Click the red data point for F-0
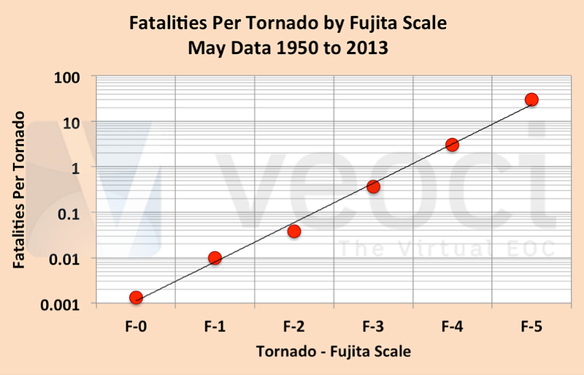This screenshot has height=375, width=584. pos(136,298)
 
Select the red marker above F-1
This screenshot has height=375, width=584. pos(215,258)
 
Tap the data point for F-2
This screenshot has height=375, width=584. pos(294,231)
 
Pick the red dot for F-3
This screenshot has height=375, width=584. pos(373,186)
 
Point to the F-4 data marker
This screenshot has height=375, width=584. pos(452,145)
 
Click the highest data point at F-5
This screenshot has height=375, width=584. pos(531,99)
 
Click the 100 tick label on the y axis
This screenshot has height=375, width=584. pos(67,77)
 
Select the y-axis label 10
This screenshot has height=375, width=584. pos(71,123)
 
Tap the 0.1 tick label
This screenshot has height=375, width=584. pos(69,214)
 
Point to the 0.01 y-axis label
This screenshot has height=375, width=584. pos(64,260)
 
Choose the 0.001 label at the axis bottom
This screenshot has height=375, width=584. pos(61,306)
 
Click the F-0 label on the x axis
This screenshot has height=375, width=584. pos(136,327)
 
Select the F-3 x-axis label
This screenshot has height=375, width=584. pos(373,327)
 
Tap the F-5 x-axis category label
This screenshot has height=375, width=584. pos(531,327)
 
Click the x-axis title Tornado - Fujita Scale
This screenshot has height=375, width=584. pos(334,352)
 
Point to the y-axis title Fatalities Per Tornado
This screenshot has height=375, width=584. pos(19,189)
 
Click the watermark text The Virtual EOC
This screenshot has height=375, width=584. pos(447,249)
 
